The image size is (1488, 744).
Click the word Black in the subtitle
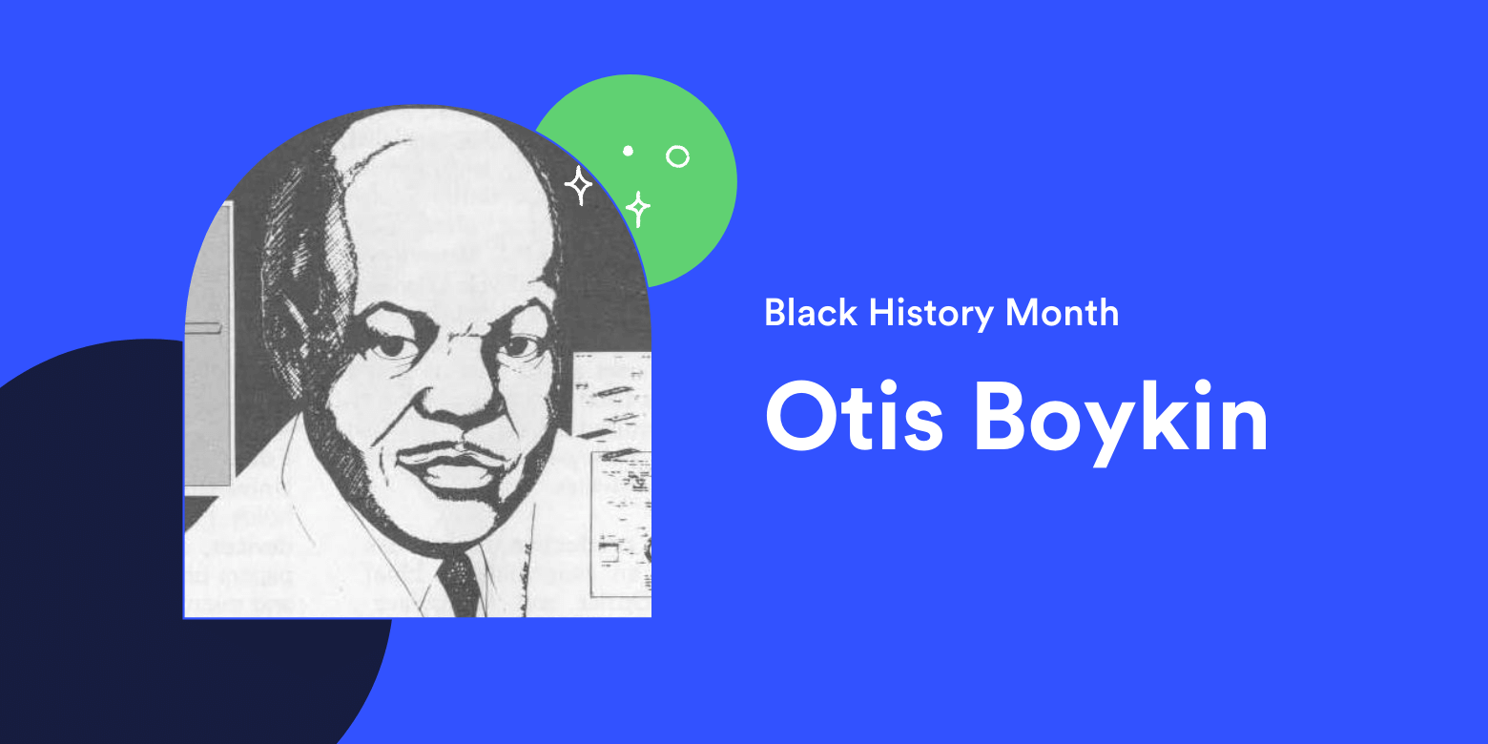(x=809, y=313)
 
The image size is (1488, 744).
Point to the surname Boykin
(x=1121, y=420)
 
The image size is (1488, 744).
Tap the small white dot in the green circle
(x=628, y=151)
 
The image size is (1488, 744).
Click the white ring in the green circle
(x=677, y=156)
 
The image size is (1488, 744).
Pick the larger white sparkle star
(x=578, y=185)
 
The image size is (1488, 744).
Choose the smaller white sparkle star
(x=637, y=208)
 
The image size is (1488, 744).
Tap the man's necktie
(x=460, y=582)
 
